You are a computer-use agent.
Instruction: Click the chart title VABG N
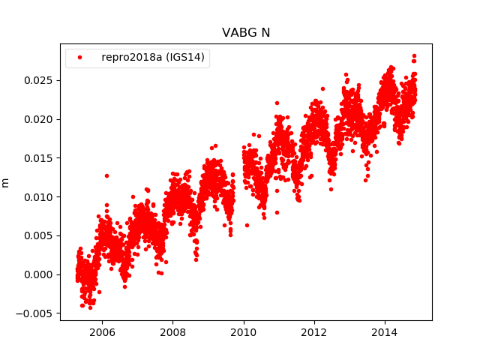[x=245, y=33]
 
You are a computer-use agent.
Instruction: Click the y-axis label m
[x=6, y=182]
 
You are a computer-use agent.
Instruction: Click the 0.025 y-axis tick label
[x=39, y=80]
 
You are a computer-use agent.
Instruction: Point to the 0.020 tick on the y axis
[x=39, y=119]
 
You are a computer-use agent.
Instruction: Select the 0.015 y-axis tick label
[x=39, y=158]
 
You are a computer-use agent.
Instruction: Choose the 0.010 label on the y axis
[x=39, y=196]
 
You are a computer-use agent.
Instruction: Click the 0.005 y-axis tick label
[x=39, y=235]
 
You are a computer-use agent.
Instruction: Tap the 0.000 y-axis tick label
[x=39, y=274]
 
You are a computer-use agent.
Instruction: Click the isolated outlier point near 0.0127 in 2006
[x=106, y=175]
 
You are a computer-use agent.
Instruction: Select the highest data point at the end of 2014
[x=414, y=55]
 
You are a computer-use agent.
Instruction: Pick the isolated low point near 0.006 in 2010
[x=247, y=225]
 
